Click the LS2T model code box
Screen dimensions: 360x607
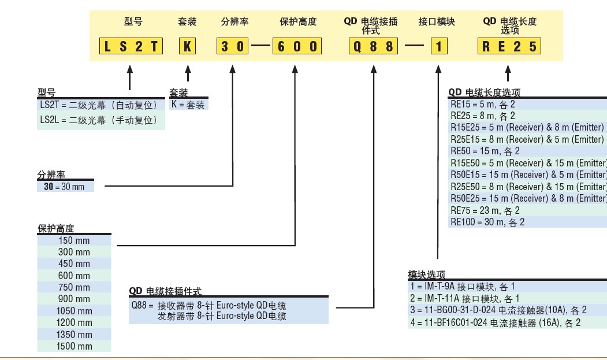pos(130,46)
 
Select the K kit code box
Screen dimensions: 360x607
pos(187,46)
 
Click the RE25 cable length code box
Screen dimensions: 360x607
pos(509,46)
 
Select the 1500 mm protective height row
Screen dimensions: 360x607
pos(74,346)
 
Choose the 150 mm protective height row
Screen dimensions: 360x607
pos(74,240)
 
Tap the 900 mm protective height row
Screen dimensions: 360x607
pos(74,299)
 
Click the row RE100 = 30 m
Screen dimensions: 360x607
pos(487,222)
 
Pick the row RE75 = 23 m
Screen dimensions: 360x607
pos(485,210)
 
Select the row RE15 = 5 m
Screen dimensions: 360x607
pos(482,104)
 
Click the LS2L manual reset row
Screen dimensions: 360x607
pos(98,120)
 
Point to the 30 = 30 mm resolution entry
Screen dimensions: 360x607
pos(64,186)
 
